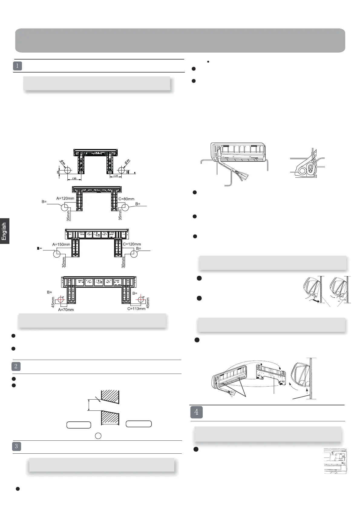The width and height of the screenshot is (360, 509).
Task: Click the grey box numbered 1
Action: coord(18,66)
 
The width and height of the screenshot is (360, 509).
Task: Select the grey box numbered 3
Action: coord(16,446)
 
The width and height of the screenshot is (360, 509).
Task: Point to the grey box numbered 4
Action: coord(197,412)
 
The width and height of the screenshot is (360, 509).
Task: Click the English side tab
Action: coord(4,231)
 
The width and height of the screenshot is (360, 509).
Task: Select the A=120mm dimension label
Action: coord(65,198)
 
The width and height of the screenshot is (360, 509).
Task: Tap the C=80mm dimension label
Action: coord(126,199)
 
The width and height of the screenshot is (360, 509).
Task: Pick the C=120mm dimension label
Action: coord(132,244)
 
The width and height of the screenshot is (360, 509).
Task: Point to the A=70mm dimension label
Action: coord(66,310)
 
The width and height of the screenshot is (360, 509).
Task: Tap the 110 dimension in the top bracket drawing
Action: coord(115,176)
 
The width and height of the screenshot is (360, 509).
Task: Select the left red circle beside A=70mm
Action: coord(61,300)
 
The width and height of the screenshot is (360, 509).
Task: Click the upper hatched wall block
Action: coord(110,397)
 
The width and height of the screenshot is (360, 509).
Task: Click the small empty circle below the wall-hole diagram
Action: coord(98,436)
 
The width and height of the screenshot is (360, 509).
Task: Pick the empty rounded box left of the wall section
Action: coord(79,425)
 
